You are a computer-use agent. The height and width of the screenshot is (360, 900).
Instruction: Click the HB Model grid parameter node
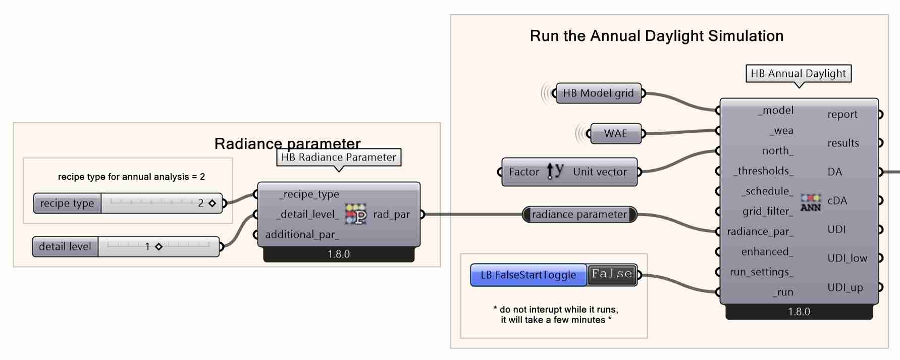tap(598, 93)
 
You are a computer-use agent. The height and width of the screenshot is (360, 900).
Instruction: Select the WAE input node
tap(615, 134)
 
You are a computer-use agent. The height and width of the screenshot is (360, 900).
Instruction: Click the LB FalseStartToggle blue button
tap(528, 275)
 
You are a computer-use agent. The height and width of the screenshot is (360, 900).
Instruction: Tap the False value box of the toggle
tap(612, 275)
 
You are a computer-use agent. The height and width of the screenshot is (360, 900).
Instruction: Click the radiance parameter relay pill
tap(579, 215)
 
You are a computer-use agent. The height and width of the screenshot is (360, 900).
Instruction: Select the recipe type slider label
tap(67, 203)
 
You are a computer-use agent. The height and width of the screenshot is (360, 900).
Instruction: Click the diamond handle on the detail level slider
tap(158, 247)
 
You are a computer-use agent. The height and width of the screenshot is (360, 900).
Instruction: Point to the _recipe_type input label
tap(309, 194)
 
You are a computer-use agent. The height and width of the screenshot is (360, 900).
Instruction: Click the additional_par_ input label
tap(302, 235)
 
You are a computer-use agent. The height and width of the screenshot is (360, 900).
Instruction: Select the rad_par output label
tap(391, 215)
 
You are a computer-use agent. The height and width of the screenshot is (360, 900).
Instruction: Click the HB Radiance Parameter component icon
tap(356, 214)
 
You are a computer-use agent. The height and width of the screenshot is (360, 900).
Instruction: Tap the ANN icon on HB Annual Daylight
tap(811, 202)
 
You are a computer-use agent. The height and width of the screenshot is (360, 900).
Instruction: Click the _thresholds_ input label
tap(763, 171)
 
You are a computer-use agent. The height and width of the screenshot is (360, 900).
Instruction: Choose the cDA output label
tap(837, 201)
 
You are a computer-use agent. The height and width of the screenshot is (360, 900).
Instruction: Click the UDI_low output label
tap(847, 259)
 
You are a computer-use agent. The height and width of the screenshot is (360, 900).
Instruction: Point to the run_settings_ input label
tap(761, 272)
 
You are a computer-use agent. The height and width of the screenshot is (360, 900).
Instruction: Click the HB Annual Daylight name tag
tap(798, 74)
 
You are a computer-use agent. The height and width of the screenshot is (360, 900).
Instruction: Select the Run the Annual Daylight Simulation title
tap(656, 36)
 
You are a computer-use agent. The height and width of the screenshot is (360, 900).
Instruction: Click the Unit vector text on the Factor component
tap(600, 172)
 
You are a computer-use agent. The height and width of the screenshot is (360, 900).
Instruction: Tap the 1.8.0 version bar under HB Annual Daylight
tap(799, 312)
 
